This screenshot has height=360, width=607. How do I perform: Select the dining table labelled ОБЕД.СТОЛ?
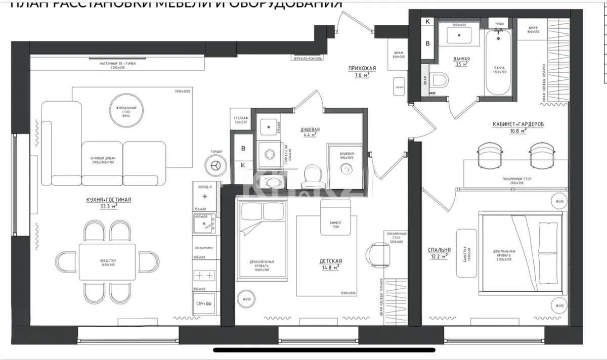tap(107, 261)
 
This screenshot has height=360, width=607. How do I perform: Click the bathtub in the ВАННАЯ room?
tap(499, 63)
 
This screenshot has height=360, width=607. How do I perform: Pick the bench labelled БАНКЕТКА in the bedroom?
tap(466, 253)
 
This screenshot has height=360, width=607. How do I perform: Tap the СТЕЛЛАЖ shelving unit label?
tap(240, 119)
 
